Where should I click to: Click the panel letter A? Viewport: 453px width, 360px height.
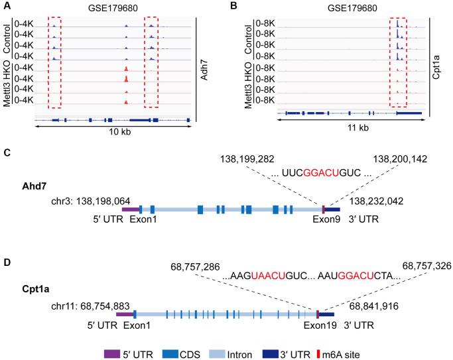[x=7, y=6]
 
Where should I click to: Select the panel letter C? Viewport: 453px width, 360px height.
[x=7, y=153]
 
